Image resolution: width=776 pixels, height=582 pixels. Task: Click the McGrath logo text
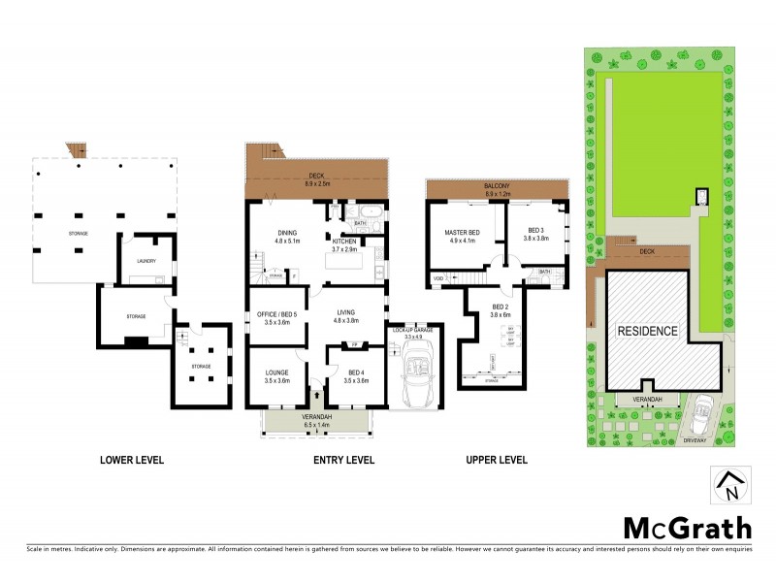(x=686, y=528)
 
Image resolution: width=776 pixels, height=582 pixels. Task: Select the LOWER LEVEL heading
(x=132, y=460)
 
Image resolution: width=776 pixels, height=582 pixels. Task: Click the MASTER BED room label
(x=464, y=232)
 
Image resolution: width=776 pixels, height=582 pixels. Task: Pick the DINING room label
(x=288, y=232)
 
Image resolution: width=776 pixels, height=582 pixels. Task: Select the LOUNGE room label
(x=277, y=372)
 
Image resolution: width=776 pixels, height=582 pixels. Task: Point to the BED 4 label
(x=357, y=372)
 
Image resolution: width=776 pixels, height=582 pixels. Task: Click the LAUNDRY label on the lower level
(x=146, y=260)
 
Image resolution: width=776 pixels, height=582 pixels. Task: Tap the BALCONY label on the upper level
(x=496, y=186)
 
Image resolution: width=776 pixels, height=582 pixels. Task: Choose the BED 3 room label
(x=536, y=231)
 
